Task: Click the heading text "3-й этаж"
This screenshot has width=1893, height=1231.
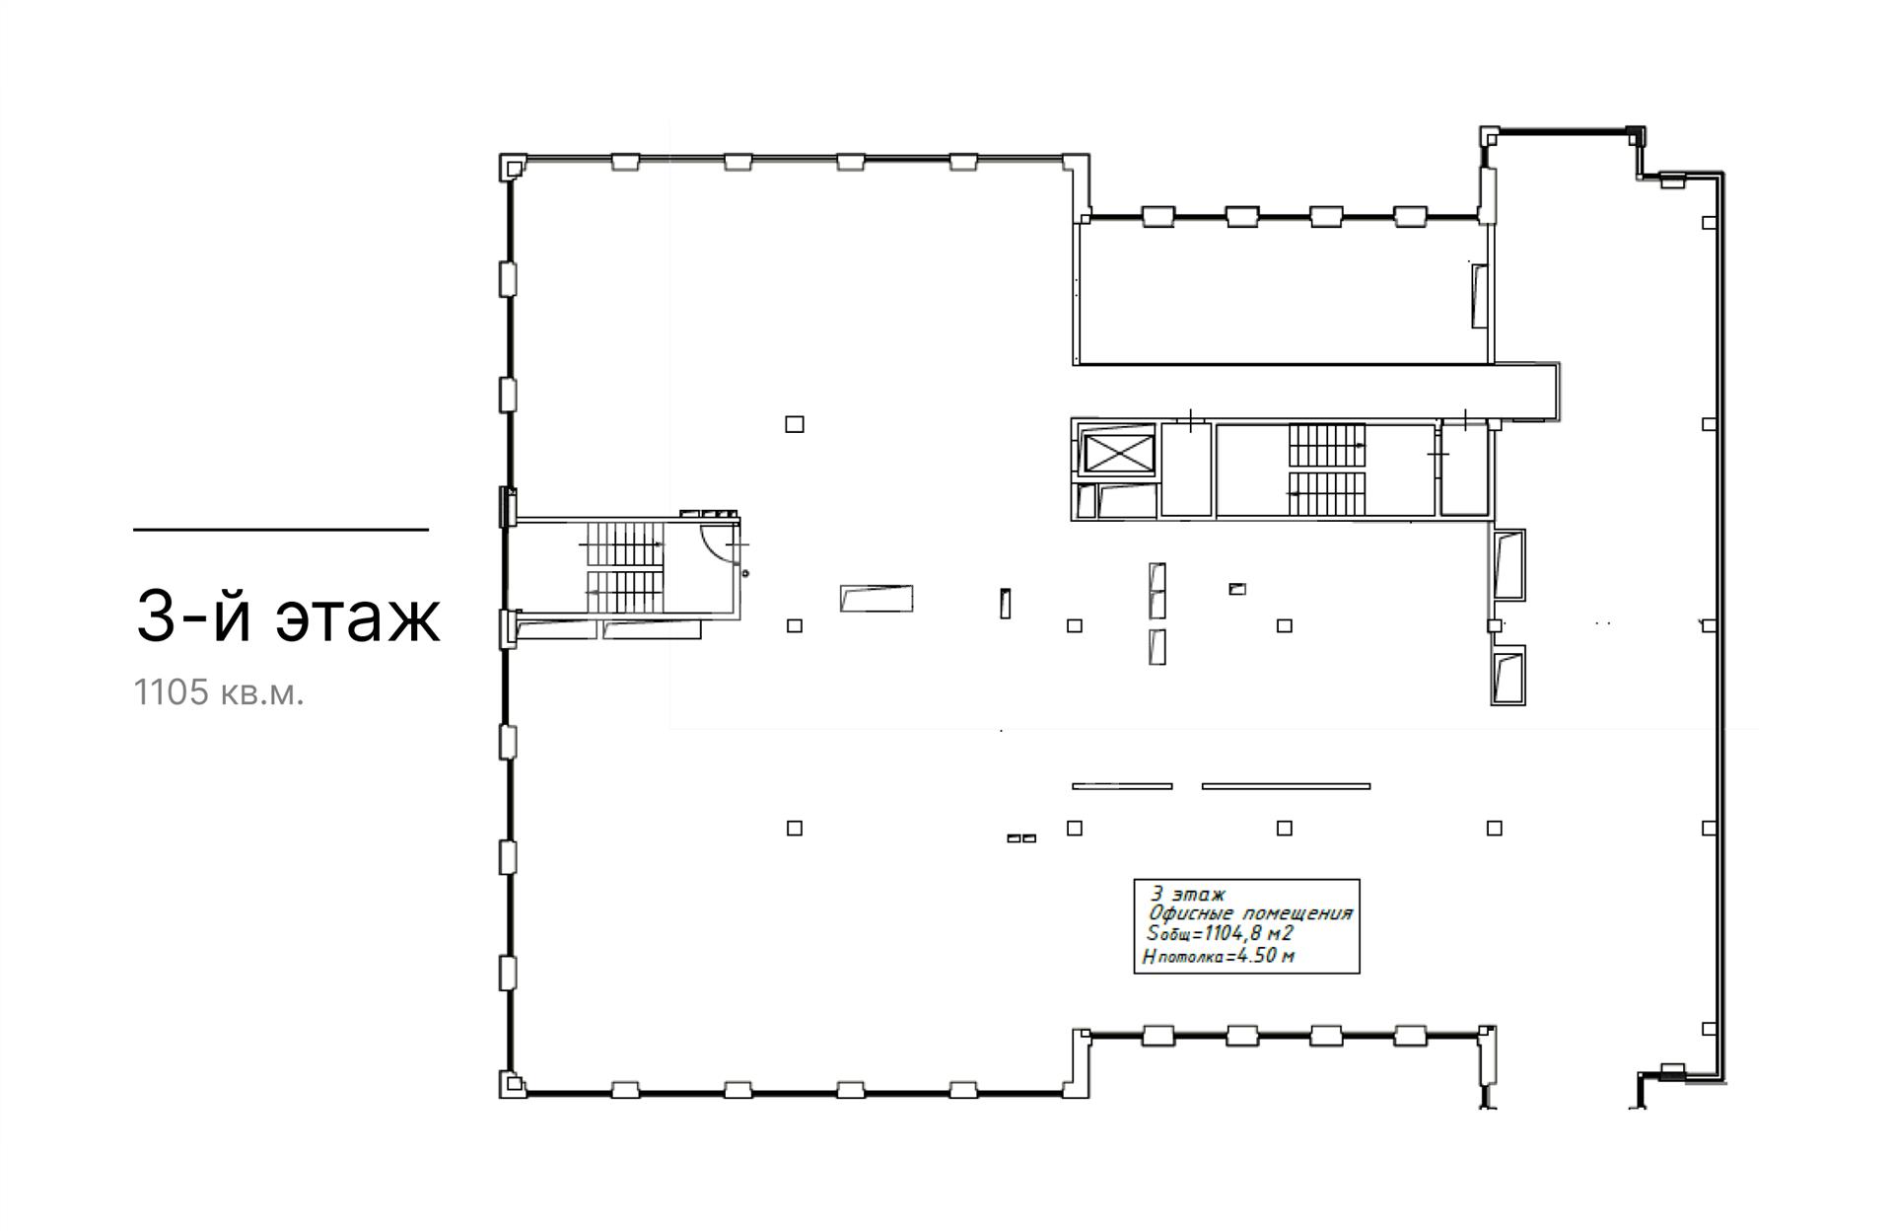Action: pos(287,616)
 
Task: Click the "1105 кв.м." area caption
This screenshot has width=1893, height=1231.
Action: pos(219,693)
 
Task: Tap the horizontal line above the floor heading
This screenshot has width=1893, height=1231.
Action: pos(281,530)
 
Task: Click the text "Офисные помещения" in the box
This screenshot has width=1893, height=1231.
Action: pos(1250,913)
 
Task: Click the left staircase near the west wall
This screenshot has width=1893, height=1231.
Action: pos(625,566)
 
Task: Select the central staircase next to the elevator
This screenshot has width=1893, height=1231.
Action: pos(1326,470)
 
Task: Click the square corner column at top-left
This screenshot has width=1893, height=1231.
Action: pos(513,168)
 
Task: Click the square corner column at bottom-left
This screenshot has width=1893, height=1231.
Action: pos(513,1083)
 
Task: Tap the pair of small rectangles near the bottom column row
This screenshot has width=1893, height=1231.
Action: pos(1021,838)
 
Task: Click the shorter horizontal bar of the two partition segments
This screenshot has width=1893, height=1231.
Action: pos(1122,786)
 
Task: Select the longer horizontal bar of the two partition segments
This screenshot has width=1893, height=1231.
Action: pos(1286,786)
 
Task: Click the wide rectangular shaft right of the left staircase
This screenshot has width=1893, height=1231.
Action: pos(876,598)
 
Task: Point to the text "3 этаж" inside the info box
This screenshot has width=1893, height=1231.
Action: pos(1188,895)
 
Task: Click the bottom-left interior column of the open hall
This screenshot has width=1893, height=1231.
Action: pos(795,828)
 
